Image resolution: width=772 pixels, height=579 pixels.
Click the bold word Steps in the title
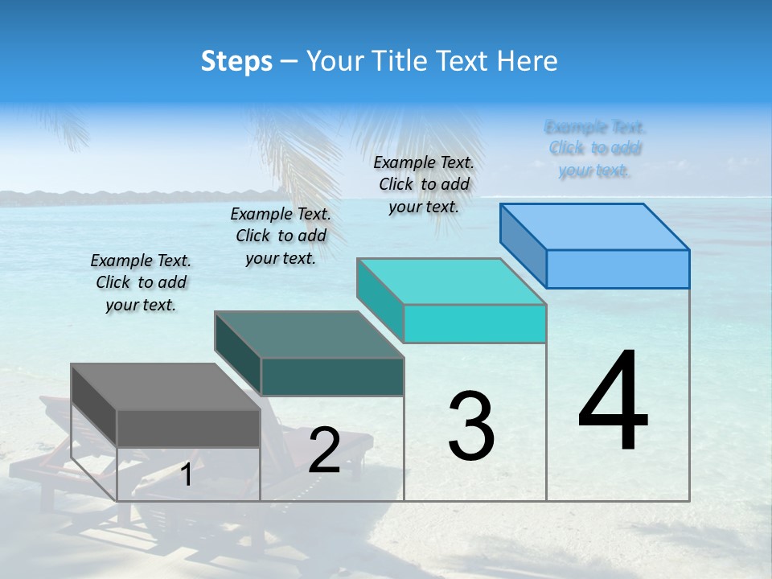pyautogui.click(x=236, y=61)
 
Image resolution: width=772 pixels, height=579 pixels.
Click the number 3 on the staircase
pyautogui.click(x=471, y=425)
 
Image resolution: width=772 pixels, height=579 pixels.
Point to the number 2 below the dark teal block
pyautogui.click(x=324, y=450)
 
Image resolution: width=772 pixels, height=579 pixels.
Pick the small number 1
pyautogui.click(x=187, y=475)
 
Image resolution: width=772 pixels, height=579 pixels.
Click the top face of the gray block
pyautogui.click(x=166, y=387)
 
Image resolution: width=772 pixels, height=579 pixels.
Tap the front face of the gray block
pyautogui.click(x=188, y=428)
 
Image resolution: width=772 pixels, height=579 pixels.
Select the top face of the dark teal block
pyautogui.click(x=309, y=335)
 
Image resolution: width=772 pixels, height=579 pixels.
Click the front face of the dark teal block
pyautogui.click(x=332, y=376)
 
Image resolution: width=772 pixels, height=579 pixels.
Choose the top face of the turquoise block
pyautogui.click(x=451, y=281)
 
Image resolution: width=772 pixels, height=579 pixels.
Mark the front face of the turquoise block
pyautogui.click(x=474, y=323)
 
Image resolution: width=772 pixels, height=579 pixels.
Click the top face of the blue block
pyautogui.click(x=595, y=226)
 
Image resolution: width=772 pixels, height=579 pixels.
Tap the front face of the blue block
pyautogui.click(x=618, y=269)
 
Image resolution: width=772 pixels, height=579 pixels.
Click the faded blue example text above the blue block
pyautogui.click(x=595, y=148)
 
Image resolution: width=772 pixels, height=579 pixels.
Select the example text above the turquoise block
pyautogui.click(x=424, y=184)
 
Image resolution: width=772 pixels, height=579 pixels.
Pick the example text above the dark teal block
pyautogui.click(x=281, y=236)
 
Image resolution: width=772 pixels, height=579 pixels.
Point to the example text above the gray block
pyautogui.click(x=141, y=282)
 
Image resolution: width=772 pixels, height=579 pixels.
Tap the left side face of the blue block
pyautogui.click(x=523, y=244)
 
